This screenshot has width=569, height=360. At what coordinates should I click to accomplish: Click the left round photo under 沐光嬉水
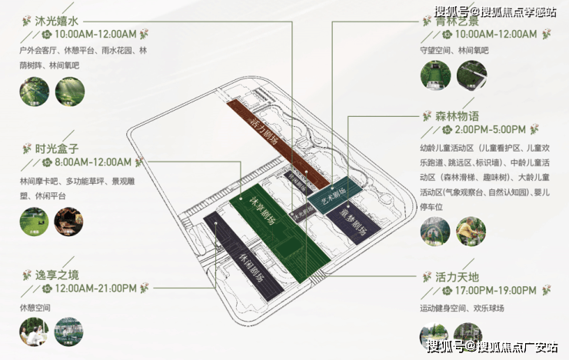click(31, 92)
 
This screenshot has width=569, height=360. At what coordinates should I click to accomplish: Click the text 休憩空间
click(35, 307)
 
